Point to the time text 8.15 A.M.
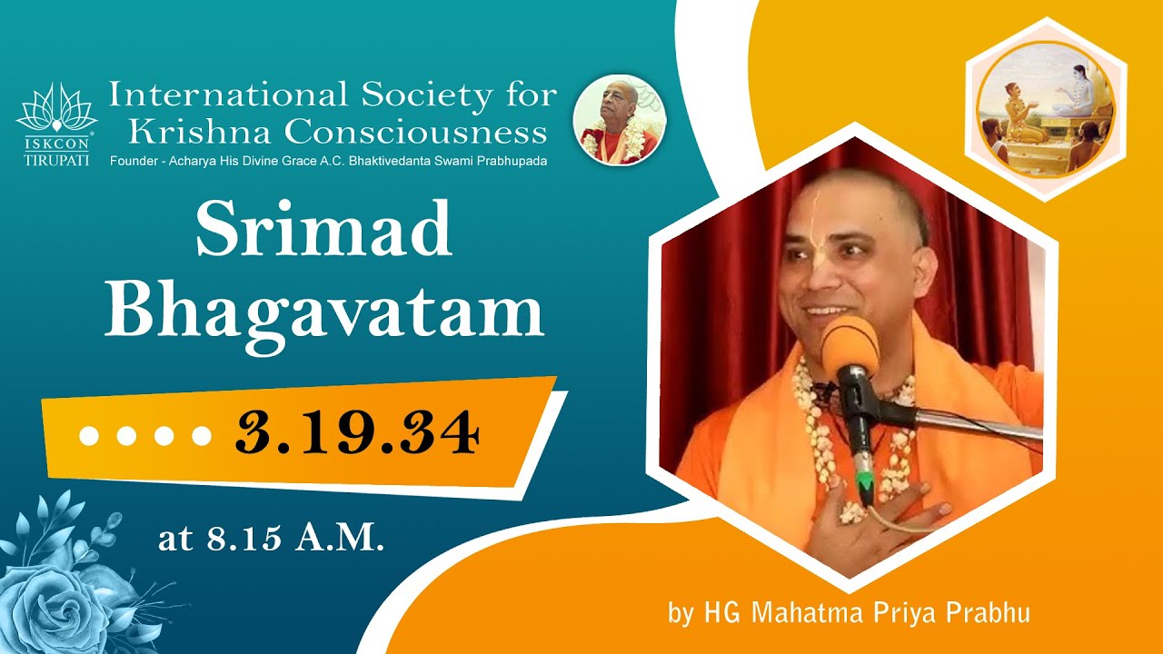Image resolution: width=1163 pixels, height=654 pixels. (x=272, y=539)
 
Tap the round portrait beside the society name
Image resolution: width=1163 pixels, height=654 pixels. (x=620, y=120)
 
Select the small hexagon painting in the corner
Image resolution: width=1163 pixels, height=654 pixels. (x=1045, y=109)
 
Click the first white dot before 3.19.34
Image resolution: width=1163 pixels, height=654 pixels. (x=89, y=435)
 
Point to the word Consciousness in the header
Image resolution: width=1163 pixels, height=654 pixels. (x=415, y=133)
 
